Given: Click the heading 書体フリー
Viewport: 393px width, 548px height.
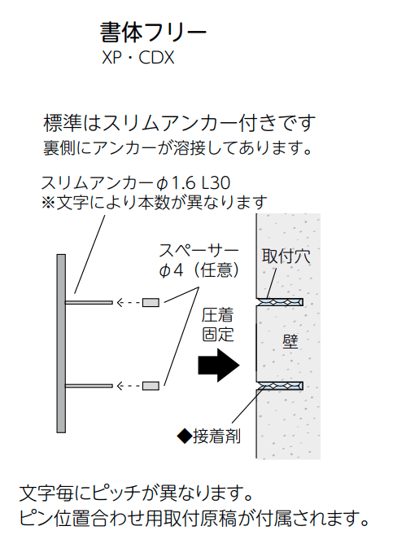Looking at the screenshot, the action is (x=153, y=33).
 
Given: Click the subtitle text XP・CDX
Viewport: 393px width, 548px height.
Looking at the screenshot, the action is (x=138, y=58).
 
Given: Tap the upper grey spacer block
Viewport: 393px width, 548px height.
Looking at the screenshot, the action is (x=151, y=302).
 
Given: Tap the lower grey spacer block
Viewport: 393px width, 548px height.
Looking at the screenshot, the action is (x=151, y=386).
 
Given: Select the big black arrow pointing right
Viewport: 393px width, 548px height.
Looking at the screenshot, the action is (x=219, y=366).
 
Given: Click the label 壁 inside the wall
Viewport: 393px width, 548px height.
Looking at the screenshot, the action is (x=290, y=341).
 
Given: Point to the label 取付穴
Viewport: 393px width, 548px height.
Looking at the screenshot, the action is (x=286, y=256).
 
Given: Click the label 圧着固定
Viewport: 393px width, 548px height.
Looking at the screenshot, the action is (x=217, y=326).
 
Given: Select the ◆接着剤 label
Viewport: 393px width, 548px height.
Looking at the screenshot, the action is (x=208, y=436).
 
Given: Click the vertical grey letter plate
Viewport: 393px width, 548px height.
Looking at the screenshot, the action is (x=61, y=343).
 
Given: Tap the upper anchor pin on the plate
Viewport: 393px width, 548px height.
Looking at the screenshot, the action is (x=89, y=302).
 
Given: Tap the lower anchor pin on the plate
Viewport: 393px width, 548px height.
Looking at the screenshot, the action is (x=89, y=386).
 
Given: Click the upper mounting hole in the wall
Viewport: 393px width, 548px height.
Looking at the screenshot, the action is (x=279, y=302).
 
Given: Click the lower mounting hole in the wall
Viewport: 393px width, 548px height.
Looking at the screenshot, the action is (x=279, y=385).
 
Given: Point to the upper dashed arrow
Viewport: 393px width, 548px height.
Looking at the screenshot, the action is (x=129, y=302).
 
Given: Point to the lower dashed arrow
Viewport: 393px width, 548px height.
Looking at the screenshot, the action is (x=129, y=386).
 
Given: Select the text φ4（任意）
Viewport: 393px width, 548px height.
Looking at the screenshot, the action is (x=199, y=270).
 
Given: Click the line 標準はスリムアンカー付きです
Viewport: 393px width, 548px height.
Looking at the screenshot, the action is (x=180, y=123).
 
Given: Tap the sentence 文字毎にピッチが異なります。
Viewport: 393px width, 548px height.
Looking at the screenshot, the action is (x=136, y=493).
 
